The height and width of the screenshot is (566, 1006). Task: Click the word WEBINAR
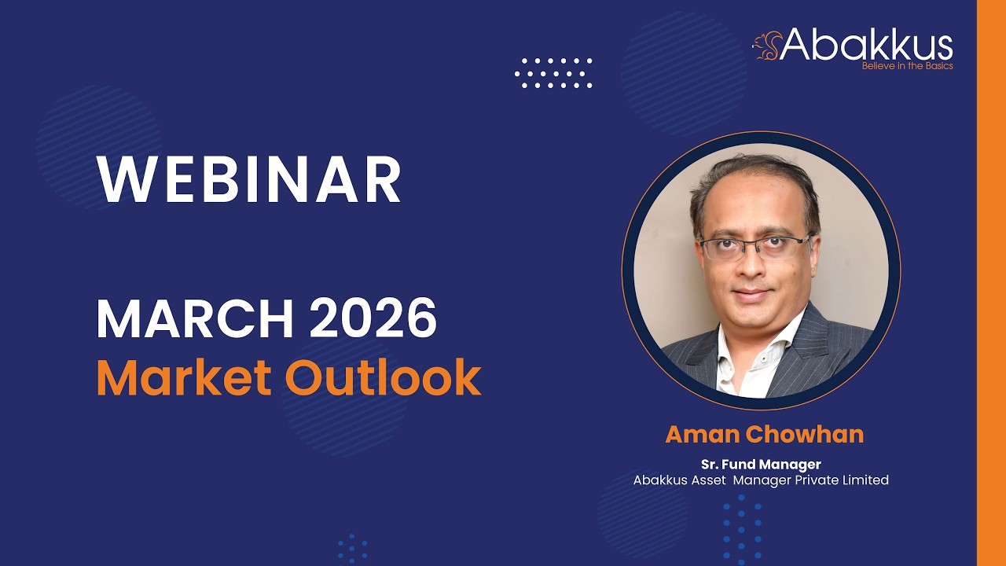249,180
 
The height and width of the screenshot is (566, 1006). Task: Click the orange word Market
183,377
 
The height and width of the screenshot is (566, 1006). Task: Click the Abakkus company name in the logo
867,45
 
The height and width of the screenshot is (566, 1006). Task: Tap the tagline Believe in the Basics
907,66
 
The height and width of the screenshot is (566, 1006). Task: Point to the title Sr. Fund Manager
761,465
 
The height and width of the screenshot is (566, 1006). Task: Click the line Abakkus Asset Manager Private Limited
761,480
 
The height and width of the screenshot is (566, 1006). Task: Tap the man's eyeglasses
753,247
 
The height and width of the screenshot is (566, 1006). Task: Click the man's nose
753,267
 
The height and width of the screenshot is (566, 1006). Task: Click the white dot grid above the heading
553,72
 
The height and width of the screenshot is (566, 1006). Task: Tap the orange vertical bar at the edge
991,283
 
